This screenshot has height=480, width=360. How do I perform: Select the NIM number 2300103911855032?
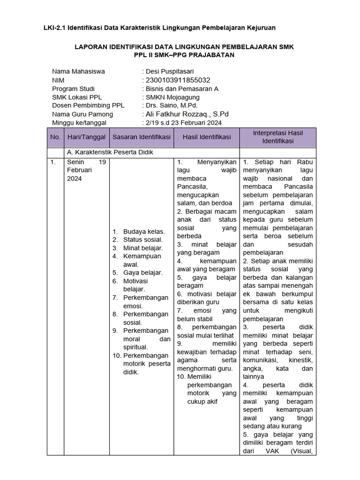tap(176, 80)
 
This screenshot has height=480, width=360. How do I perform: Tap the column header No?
tap(55, 137)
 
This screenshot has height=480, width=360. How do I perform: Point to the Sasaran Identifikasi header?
tap(141, 137)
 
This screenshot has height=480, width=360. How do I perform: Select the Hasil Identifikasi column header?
tap(206, 137)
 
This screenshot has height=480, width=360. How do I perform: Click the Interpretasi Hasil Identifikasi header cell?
tap(278, 137)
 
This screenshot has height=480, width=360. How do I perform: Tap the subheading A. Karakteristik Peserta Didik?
tap(110, 152)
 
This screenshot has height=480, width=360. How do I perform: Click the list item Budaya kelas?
tap(144, 232)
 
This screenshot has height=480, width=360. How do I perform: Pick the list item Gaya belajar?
tap(143, 272)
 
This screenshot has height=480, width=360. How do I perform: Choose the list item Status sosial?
tap(143, 240)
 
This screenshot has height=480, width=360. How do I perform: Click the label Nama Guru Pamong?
tap(82, 114)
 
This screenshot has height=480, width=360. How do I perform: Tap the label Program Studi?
tap(73, 89)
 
